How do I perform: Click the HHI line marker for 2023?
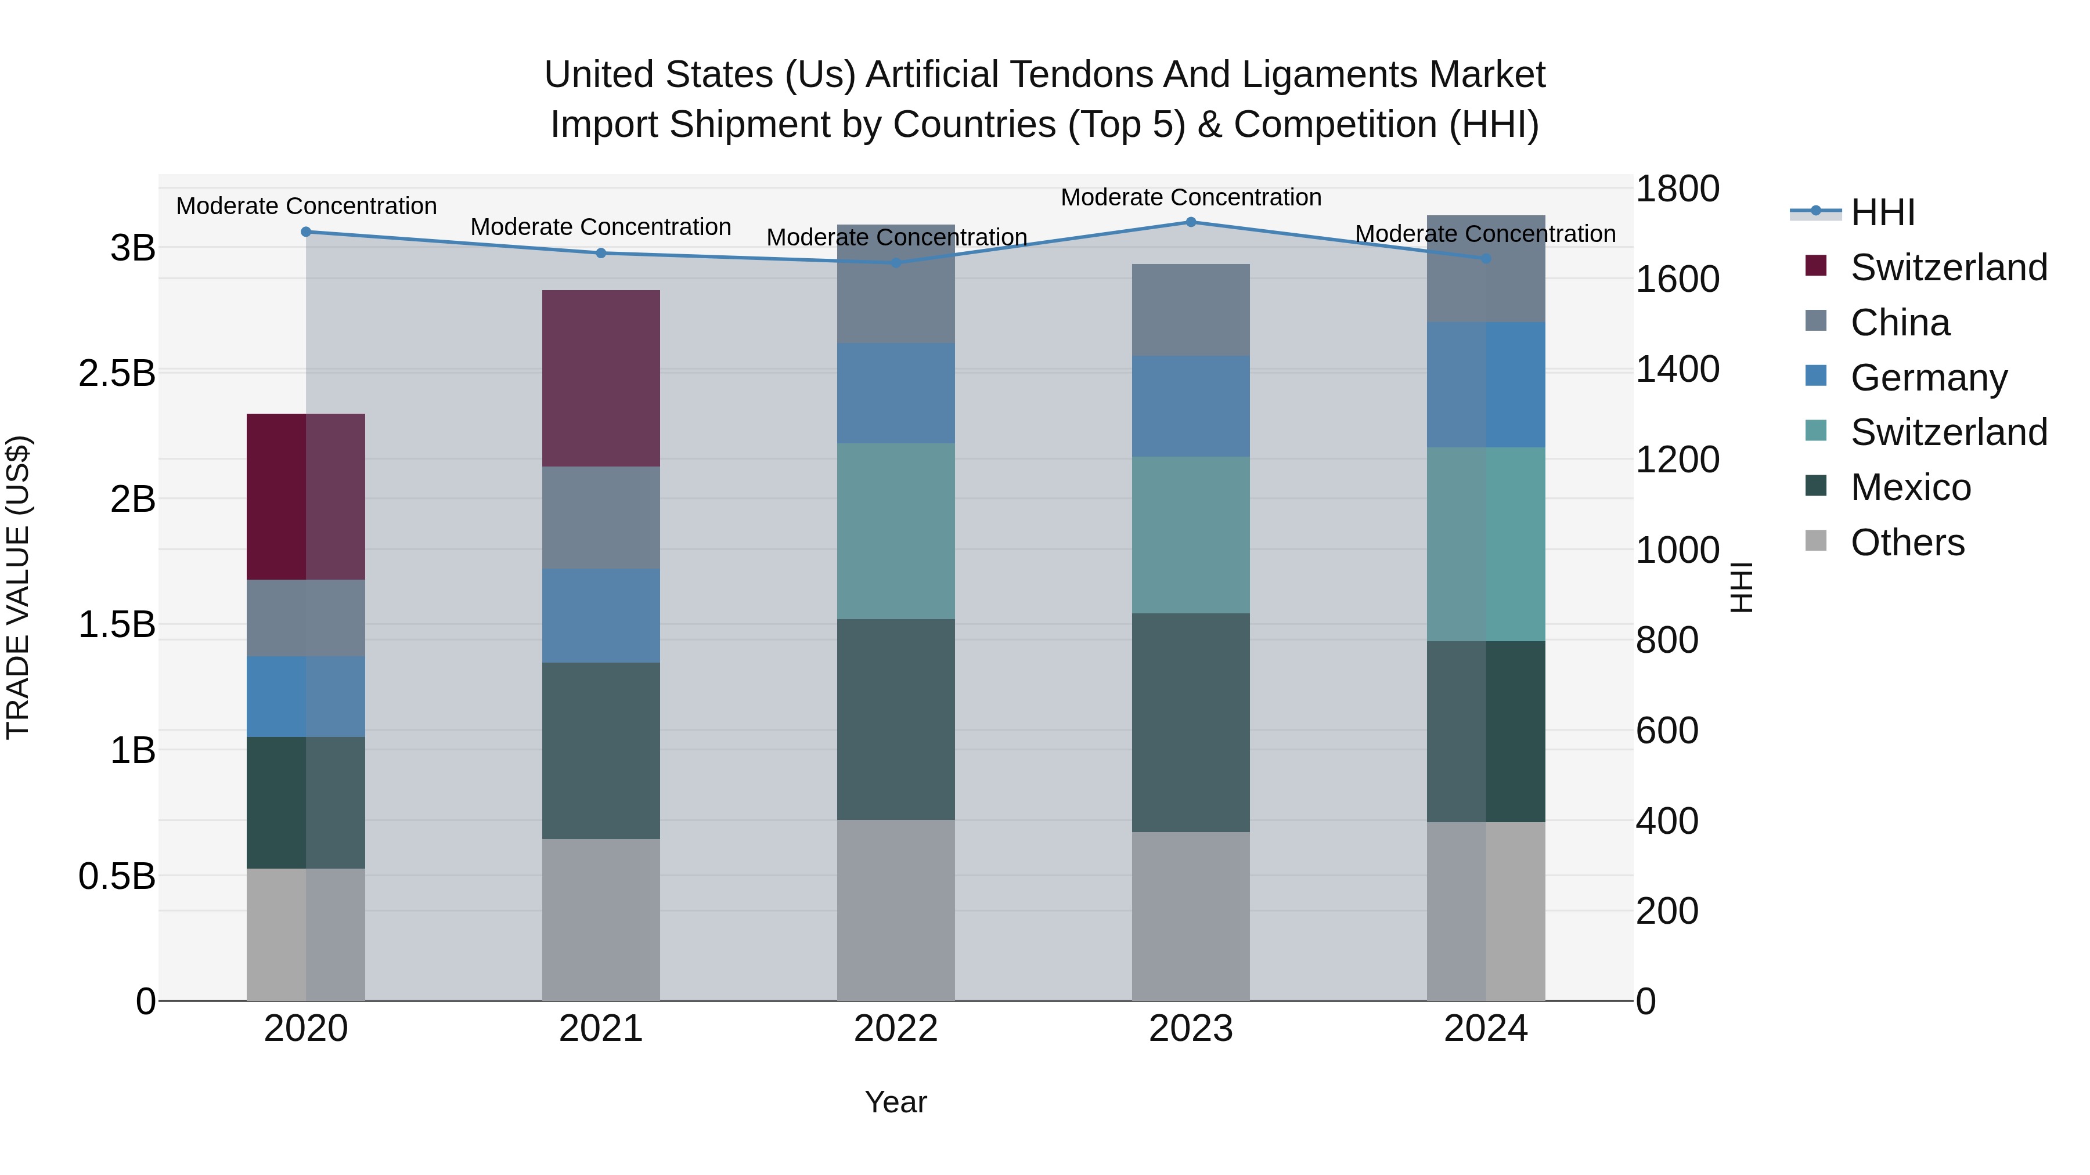click(1191, 222)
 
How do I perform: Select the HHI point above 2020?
click(306, 232)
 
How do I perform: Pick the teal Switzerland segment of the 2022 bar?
click(896, 531)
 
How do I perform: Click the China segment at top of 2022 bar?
click(896, 284)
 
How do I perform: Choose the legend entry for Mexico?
click(1910, 487)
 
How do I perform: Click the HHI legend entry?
click(1882, 212)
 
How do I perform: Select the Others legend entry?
click(1907, 543)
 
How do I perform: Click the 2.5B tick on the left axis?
click(117, 374)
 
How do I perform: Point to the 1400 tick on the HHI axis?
click(1676, 370)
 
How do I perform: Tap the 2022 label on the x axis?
click(896, 1029)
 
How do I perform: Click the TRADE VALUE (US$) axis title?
click(18, 587)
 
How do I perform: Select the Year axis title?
click(896, 1102)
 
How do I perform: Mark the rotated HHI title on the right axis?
click(1741, 587)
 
